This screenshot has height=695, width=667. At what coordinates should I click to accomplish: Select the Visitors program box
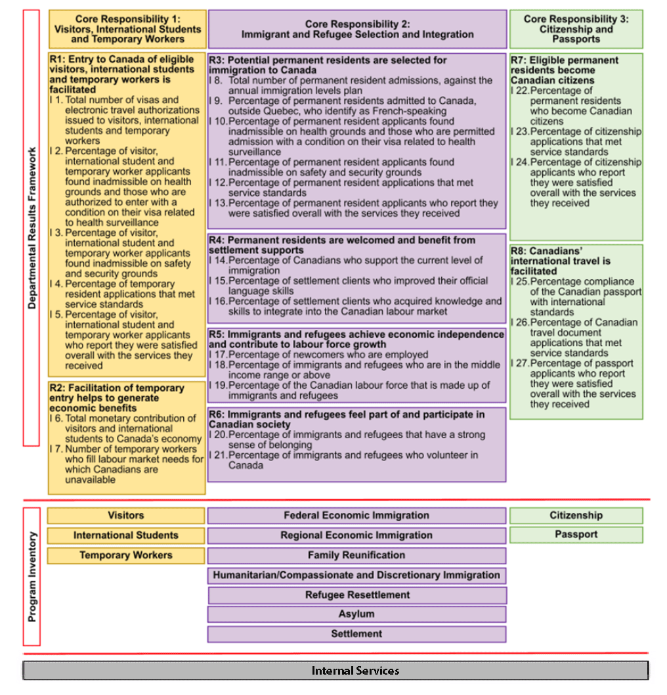click(x=125, y=516)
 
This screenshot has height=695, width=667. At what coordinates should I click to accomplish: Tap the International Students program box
click(x=125, y=535)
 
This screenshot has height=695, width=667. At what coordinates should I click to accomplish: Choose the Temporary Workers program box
click(x=125, y=555)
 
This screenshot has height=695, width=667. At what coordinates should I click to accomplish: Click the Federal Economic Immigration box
click(x=356, y=516)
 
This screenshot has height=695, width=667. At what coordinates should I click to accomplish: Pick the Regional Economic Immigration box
click(x=356, y=535)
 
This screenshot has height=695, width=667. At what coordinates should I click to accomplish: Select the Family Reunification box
click(x=356, y=555)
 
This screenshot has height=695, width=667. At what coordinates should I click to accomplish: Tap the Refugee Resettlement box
click(x=357, y=595)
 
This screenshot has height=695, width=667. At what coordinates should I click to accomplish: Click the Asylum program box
click(x=356, y=614)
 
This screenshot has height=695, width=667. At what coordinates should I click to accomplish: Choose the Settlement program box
click(x=356, y=634)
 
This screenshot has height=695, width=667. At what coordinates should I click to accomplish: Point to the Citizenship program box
click(x=576, y=516)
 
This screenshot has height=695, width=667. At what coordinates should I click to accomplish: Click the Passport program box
click(x=576, y=535)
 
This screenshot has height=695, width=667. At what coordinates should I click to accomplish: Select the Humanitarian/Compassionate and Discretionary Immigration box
click(x=356, y=575)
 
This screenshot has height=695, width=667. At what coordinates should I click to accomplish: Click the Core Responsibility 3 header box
click(x=576, y=29)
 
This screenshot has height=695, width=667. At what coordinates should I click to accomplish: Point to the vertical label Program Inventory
click(x=32, y=576)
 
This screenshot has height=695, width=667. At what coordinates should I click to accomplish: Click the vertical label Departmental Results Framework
click(x=32, y=227)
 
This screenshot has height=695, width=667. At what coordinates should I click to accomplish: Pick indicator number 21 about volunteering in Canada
click(x=348, y=460)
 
